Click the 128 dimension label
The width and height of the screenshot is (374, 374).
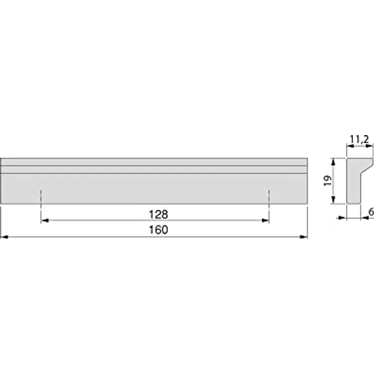159,214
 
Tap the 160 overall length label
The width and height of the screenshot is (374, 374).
159,230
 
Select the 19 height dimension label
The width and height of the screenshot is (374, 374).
328,181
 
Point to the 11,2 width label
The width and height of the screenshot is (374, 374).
359,139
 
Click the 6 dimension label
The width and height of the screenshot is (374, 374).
371,212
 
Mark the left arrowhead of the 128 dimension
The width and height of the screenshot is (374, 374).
45,221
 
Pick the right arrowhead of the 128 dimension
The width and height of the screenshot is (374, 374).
265,221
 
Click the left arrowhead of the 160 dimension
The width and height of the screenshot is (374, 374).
4,237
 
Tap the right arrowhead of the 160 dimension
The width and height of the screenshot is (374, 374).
304,237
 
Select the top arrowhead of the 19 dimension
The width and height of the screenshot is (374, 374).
333,162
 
